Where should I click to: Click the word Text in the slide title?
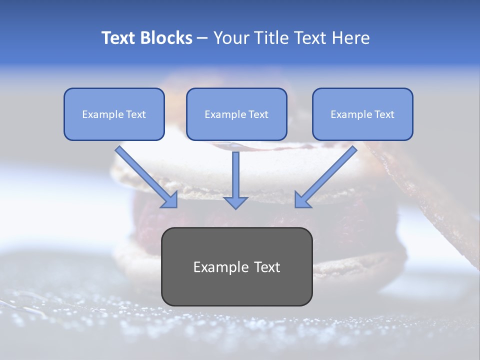[119, 38]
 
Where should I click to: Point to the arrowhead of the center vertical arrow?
[235, 202]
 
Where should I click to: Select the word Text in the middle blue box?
[258, 114]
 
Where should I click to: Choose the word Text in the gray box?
[268, 267]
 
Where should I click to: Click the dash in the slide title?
[202, 38]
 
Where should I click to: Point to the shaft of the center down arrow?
[235, 172]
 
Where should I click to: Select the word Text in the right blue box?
[384, 114]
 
